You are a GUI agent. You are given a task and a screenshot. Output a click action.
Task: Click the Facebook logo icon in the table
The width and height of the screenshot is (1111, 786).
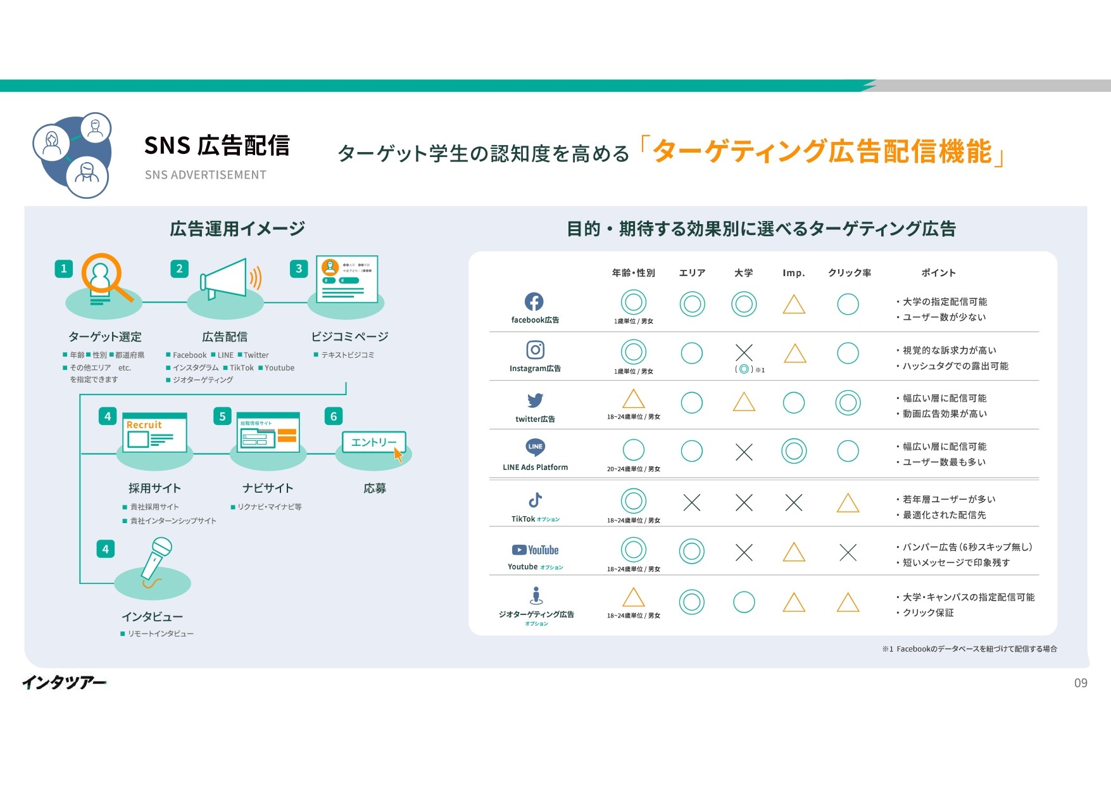tap(534, 302)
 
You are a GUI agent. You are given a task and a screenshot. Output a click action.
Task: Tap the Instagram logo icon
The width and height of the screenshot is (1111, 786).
tap(535, 350)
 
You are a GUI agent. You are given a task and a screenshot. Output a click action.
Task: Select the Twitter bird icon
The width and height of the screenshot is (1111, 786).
tap(535, 400)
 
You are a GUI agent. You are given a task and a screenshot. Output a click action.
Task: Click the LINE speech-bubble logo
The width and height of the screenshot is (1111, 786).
tap(535, 447)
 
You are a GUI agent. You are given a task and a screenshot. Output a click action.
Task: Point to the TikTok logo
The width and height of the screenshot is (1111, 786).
tap(535, 500)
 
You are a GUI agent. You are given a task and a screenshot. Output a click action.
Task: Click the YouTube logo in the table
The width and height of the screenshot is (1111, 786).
tap(535, 550)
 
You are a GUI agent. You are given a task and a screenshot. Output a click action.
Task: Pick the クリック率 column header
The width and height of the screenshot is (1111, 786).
tap(850, 273)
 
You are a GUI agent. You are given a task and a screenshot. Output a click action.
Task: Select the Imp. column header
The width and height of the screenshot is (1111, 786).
tap(793, 273)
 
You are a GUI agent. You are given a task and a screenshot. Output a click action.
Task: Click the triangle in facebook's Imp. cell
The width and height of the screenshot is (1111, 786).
tap(794, 305)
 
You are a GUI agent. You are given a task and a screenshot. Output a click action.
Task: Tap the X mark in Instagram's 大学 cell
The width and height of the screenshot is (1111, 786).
tap(744, 353)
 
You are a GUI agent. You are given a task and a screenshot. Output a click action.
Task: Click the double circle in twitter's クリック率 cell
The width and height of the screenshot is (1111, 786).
tap(848, 402)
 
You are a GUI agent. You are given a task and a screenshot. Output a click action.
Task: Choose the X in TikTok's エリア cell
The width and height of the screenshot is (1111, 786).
tap(692, 503)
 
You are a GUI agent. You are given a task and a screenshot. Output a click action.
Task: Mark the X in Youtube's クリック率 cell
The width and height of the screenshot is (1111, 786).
tap(848, 552)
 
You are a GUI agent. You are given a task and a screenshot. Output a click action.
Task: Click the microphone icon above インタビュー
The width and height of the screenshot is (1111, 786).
tap(156, 558)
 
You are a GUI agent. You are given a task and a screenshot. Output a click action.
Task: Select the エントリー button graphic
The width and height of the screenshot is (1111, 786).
tap(373, 442)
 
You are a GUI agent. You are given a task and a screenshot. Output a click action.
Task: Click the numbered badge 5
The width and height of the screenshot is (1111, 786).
tap(222, 416)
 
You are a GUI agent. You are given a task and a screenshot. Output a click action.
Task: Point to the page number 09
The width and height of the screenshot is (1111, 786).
tap(1081, 683)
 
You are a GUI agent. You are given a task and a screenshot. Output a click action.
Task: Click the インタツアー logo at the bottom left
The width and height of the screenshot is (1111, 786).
tap(64, 682)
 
